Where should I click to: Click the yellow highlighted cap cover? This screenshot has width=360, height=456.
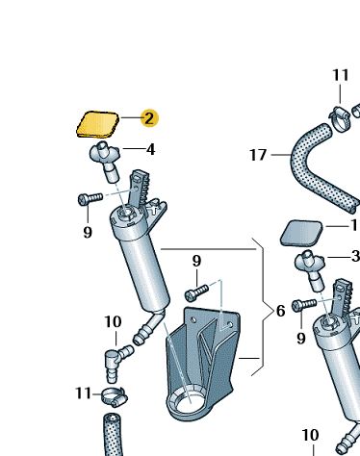(97, 124)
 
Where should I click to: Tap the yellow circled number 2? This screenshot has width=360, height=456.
(148, 118)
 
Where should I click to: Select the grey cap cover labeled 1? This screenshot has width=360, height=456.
(301, 232)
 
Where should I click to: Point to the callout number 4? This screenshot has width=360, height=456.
(150, 149)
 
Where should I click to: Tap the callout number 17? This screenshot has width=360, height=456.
(256, 154)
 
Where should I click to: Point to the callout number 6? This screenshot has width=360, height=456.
(280, 311)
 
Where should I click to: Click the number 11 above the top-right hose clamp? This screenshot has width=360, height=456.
(341, 75)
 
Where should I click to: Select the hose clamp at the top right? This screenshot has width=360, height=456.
(340, 119)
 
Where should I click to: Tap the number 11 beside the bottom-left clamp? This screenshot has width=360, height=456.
(84, 393)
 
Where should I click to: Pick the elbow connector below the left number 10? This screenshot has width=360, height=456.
(113, 364)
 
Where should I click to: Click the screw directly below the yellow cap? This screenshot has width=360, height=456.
(90, 199)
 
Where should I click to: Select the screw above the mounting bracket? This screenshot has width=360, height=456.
(197, 288)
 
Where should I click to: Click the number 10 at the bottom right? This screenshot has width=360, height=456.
(310, 435)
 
